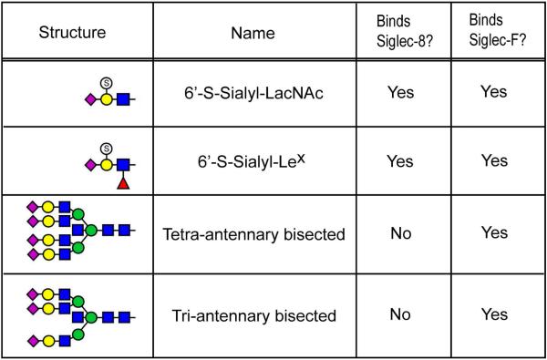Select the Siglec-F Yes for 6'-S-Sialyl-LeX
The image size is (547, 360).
click(494, 160)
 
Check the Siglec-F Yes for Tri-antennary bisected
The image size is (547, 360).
click(494, 316)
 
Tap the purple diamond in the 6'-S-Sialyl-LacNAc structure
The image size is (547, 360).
click(89, 95)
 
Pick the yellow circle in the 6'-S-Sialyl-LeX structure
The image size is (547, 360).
click(107, 165)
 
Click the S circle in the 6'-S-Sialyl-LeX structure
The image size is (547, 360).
click(106, 147)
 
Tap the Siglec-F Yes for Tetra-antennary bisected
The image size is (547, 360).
click(494, 234)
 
